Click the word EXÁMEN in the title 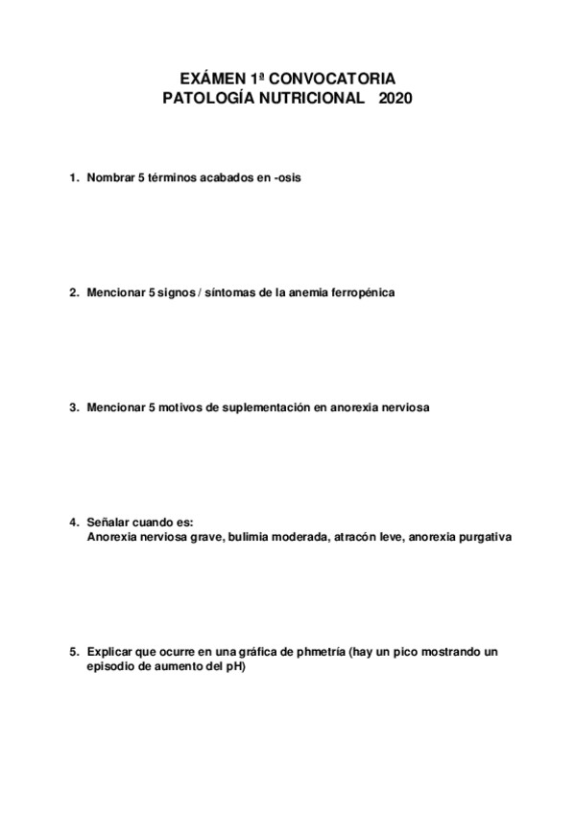(210, 79)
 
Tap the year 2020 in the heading (395, 98)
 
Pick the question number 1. (73, 177)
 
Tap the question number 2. (73, 292)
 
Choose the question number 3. (73, 407)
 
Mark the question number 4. (73, 523)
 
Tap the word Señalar (108, 523)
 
